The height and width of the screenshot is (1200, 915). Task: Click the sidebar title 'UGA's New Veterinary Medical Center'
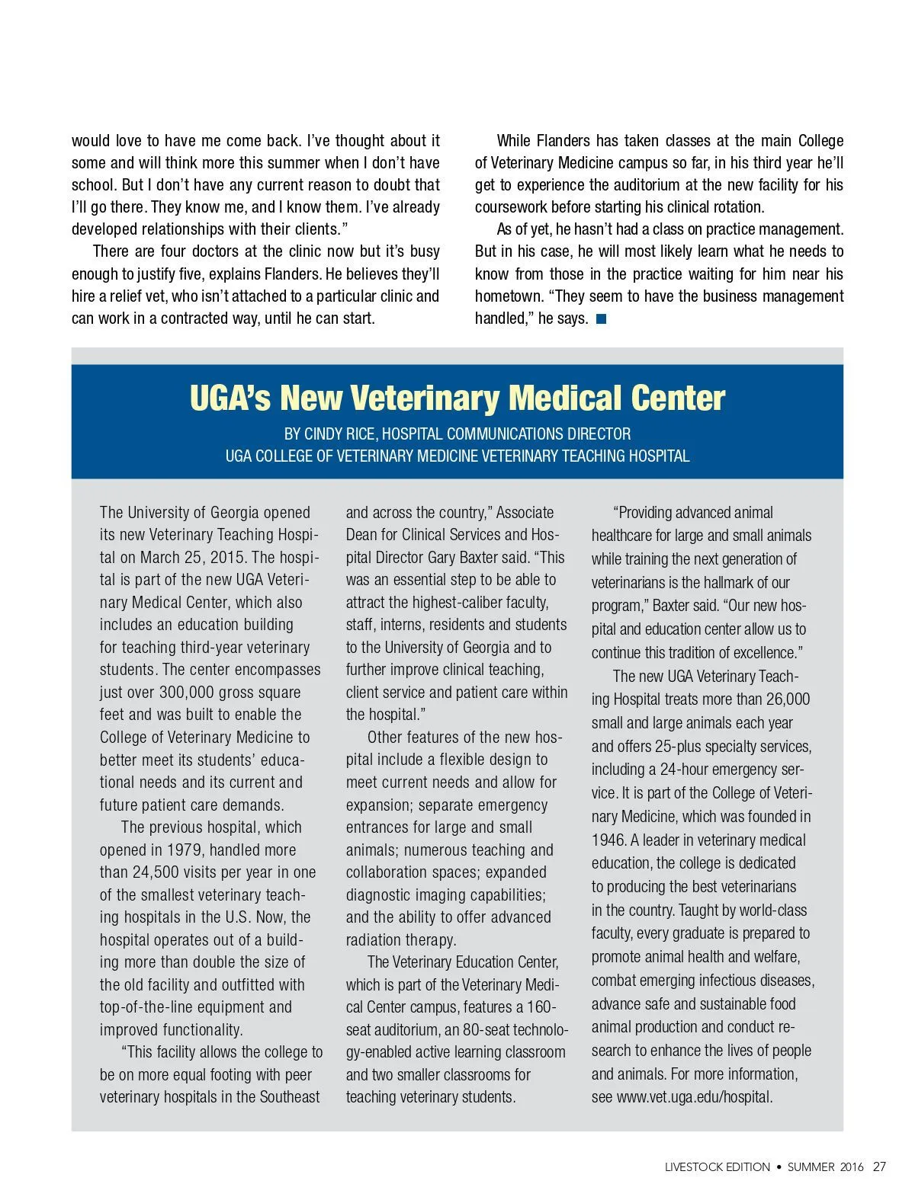[457, 398]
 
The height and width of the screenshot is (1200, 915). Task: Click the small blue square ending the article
[601, 319]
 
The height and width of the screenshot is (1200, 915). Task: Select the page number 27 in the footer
[879, 1166]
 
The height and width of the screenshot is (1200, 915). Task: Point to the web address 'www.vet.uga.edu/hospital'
[693, 1097]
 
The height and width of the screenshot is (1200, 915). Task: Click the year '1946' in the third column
[608, 840]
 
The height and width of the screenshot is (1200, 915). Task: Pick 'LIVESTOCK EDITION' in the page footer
[717, 1167]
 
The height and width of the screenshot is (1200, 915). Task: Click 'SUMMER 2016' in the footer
[826, 1167]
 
